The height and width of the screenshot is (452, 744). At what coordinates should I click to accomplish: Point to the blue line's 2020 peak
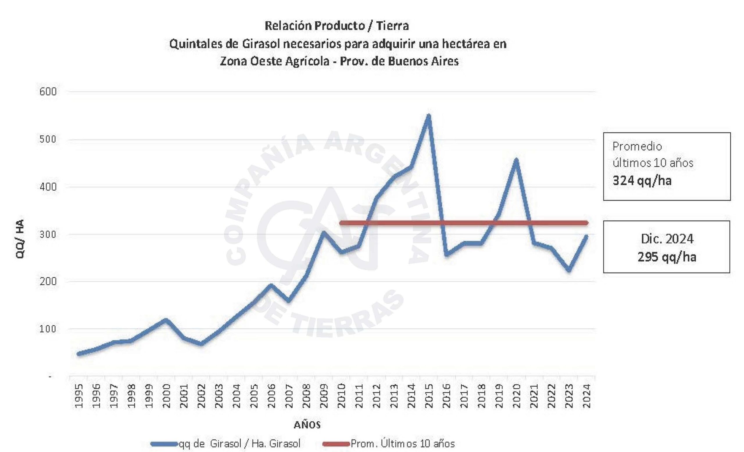516,160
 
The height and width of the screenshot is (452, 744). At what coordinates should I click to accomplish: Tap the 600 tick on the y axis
48,92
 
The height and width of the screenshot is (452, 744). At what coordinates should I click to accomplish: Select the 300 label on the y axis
48,234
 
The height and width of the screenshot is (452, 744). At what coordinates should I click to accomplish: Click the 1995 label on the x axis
79,396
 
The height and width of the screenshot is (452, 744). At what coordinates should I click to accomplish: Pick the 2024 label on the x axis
586,396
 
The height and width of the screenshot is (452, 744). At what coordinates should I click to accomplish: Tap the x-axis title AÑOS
307,425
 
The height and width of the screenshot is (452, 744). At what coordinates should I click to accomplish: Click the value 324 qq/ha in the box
642,181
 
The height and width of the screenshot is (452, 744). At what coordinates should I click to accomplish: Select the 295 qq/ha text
667,257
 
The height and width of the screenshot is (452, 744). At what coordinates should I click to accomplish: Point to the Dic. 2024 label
667,239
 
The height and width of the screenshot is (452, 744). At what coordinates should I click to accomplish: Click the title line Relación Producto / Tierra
337,26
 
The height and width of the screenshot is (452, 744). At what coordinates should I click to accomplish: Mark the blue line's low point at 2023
569,270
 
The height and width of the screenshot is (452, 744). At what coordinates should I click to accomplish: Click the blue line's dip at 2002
201,344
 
